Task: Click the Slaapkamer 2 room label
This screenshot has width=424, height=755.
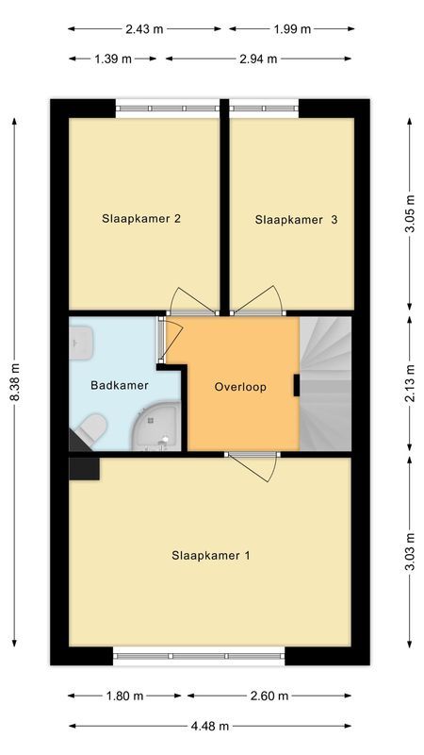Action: [141, 219]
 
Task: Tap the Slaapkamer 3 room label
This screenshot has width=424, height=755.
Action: [296, 220]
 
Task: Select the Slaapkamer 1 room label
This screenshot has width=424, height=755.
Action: [211, 556]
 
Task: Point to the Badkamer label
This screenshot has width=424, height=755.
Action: [120, 385]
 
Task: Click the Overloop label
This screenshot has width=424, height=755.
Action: [240, 387]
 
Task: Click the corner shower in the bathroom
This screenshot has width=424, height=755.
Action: [156, 428]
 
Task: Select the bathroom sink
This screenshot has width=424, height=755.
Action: [80, 343]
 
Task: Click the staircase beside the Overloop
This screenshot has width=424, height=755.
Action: [325, 384]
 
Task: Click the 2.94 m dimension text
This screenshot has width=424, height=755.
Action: [258, 59]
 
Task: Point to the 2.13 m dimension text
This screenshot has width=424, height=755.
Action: [410, 383]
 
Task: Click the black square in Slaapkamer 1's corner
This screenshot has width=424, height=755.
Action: [84, 469]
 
